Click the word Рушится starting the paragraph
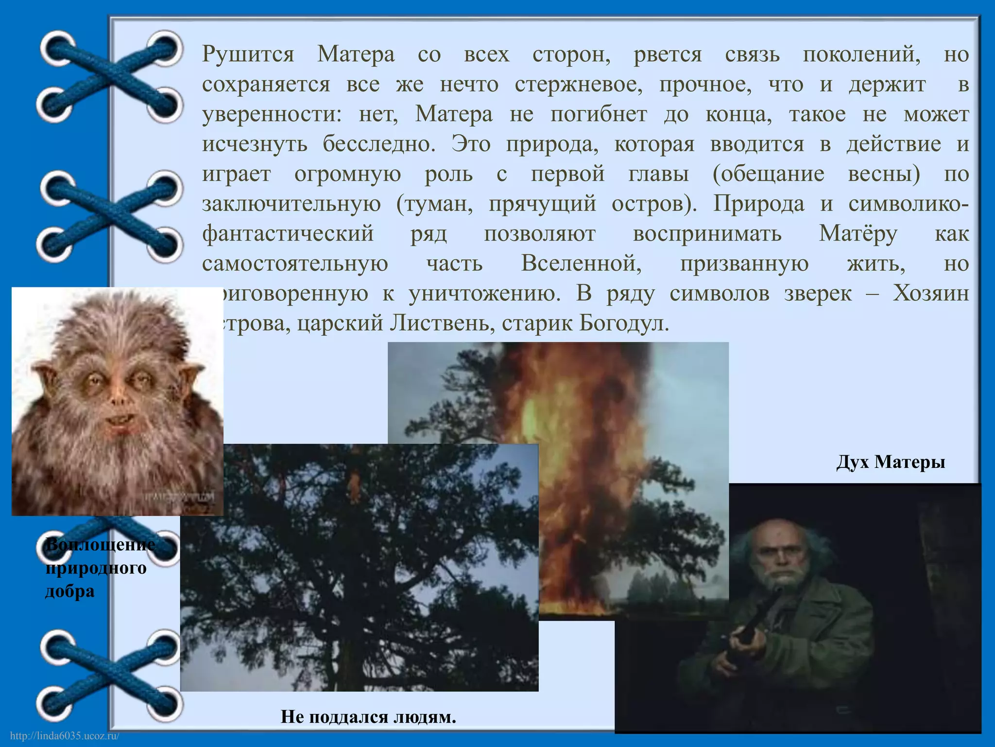[248, 54]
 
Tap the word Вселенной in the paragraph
[581, 264]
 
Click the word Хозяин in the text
[930, 294]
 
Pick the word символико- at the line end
[909, 204]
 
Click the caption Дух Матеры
[891, 462]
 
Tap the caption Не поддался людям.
[368, 716]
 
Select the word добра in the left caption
[70, 591]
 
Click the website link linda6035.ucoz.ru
[65, 736]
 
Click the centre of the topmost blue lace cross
[111, 77]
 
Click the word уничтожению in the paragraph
[484, 294]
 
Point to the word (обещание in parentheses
[768, 174]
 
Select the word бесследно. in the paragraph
[379, 144]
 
